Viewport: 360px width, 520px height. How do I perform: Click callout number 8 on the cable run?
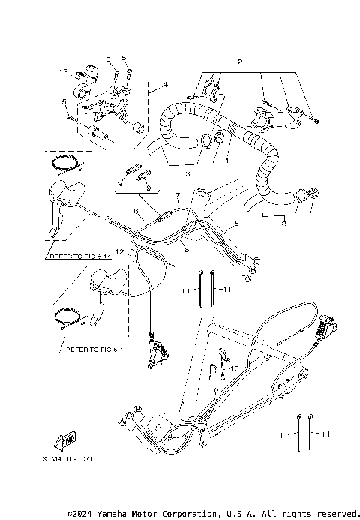(x=235, y=224)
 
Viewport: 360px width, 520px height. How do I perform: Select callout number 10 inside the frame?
(x=235, y=368)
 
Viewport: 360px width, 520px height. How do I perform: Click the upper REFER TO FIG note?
(x=79, y=257)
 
